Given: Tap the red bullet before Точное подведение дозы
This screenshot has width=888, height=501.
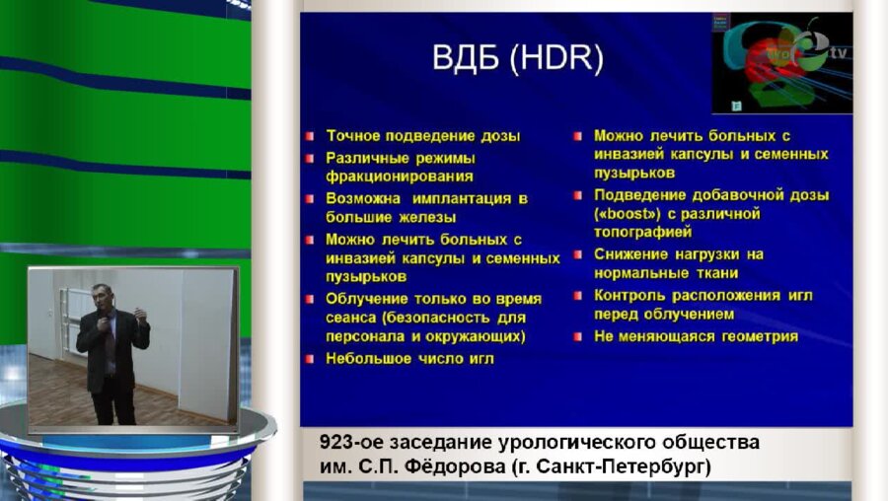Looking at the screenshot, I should (x=310, y=135).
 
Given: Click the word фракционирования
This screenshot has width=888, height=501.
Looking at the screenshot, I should (x=400, y=177).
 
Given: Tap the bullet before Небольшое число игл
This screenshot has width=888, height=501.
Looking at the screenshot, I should (x=310, y=359).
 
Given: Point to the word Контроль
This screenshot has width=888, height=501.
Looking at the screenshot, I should (x=632, y=295).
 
